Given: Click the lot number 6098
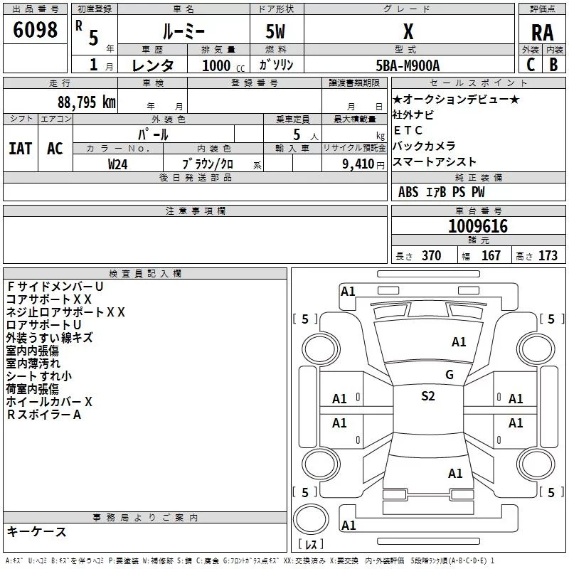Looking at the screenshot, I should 35,30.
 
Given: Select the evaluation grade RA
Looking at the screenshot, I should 542,32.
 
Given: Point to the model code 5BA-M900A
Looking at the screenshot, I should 408,65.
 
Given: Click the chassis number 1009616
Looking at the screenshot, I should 478,226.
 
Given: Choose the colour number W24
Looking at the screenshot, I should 118,164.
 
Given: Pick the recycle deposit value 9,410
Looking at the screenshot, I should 354,164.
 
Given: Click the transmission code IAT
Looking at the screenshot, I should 21,148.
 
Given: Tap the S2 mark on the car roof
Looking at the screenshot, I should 427,396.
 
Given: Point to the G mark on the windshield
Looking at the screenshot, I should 449,374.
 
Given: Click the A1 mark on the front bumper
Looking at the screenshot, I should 348,291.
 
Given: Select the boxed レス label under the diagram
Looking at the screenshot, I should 310,546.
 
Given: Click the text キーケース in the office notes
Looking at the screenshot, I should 36,531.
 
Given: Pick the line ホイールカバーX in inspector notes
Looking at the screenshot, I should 49,402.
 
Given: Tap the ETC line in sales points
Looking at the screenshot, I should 408,130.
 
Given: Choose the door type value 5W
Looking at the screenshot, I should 275,32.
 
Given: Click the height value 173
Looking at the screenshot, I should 548,255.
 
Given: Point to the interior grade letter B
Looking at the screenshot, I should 553,64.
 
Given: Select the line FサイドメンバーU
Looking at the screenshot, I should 55,287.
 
